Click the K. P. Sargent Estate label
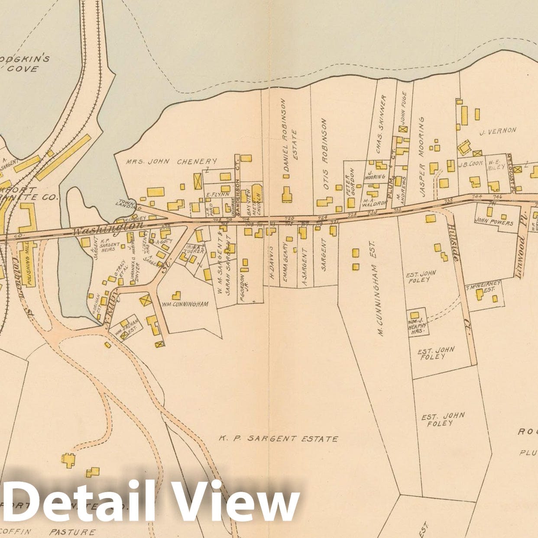[278, 438]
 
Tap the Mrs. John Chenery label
[171, 162]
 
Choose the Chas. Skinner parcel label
[380, 124]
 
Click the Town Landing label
[126, 203]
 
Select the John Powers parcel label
[494, 223]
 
